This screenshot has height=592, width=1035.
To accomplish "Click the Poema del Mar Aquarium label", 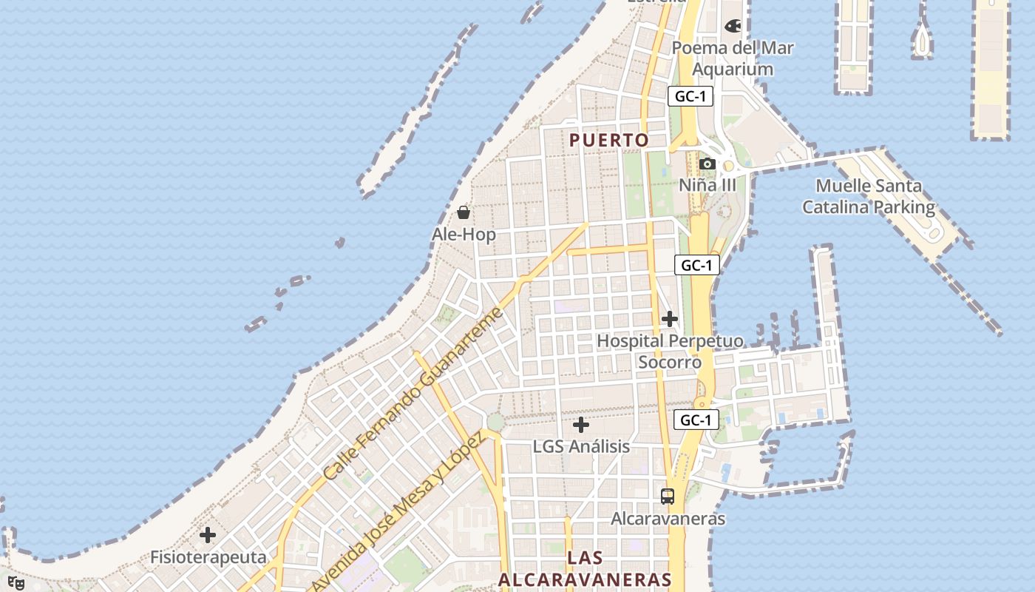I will click(733, 58).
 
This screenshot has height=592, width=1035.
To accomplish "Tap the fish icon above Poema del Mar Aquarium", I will click(733, 26).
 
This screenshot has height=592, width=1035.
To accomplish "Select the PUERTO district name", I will click(609, 140).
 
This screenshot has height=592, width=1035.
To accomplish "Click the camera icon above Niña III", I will click(707, 164).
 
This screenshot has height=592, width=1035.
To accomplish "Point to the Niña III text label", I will click(707, 185).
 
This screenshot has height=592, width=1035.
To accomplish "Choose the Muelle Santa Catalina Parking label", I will click(869, 196).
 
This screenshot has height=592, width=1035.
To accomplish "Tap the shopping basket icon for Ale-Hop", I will click(464, 213).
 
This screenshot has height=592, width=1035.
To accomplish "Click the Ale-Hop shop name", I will click(464, 235).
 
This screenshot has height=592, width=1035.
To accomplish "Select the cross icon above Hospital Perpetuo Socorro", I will click(670, 319).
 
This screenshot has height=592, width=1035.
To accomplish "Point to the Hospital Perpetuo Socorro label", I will click(670, 351).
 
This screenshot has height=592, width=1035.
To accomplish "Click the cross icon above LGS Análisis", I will click(581, 425).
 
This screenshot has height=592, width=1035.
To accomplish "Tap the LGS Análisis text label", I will click(581, 446).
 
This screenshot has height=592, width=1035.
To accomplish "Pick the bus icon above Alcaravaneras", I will click(668, 497).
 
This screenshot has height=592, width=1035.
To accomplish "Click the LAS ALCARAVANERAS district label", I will click(585, 568).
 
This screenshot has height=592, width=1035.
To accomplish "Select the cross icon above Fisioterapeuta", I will click(208, 535).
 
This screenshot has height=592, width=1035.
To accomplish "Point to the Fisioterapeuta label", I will click(208, 556).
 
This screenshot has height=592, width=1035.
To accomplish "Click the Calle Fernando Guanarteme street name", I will click(414, 392).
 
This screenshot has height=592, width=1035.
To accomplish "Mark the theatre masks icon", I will click(16, 583).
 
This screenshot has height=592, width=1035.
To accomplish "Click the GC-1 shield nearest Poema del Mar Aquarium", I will click(690, 96).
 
